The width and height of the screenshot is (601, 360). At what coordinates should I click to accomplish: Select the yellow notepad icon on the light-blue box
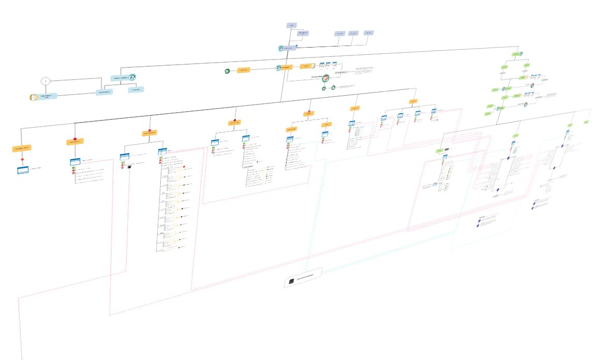coord(33,97)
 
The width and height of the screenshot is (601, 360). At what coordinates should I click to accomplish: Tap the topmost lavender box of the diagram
coord(292,25)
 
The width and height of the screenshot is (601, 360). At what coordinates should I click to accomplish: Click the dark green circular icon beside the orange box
coord(227,70)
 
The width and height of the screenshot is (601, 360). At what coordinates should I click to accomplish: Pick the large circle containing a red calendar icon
coord(326,79)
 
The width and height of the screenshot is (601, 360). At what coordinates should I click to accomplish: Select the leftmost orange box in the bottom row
coord(22,148)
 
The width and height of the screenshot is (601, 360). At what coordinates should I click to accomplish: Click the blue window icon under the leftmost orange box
coord(22,170)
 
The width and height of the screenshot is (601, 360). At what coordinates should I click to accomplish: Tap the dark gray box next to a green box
coord(447,149)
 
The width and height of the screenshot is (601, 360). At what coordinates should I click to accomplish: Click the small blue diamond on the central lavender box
coord(296,47)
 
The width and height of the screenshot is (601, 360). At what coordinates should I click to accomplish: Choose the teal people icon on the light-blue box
coord(132,77)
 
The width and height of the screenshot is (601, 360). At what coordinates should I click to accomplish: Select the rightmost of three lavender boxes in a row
coord(369,33)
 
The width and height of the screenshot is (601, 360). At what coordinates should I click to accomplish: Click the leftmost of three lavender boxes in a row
coord(339,34)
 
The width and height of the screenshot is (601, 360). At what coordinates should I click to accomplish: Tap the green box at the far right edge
coord(586,122)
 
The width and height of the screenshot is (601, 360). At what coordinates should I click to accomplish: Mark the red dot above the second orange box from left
coord(75,139)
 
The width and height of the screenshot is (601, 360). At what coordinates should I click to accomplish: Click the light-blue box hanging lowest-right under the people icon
coord(137,89)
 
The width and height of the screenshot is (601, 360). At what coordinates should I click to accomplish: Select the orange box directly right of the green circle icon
coord(244,70)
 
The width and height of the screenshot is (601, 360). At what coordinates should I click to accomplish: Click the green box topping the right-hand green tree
coord(516,54)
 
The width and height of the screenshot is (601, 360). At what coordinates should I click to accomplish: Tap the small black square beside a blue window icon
coord(129,167)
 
